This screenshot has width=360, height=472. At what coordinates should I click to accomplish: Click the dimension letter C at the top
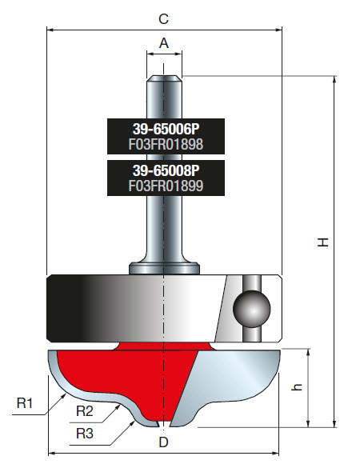click(x=164, y=18)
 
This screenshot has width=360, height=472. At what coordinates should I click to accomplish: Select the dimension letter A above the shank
click(x=164, y=43)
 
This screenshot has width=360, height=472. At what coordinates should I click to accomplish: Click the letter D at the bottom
click(x=164, y=442)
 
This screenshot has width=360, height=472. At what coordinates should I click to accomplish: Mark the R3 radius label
click(x=86, y=433)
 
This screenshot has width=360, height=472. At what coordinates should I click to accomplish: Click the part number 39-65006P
click(x=165, y=128)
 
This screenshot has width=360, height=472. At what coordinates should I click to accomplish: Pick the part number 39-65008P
click(x=165, y=170)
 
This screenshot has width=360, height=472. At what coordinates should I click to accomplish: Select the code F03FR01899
click(x=165, y=186)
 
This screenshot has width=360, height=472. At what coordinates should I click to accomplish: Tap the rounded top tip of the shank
click(x=164, y=77)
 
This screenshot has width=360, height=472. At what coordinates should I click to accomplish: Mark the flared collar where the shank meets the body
click(x=164, y=266)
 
